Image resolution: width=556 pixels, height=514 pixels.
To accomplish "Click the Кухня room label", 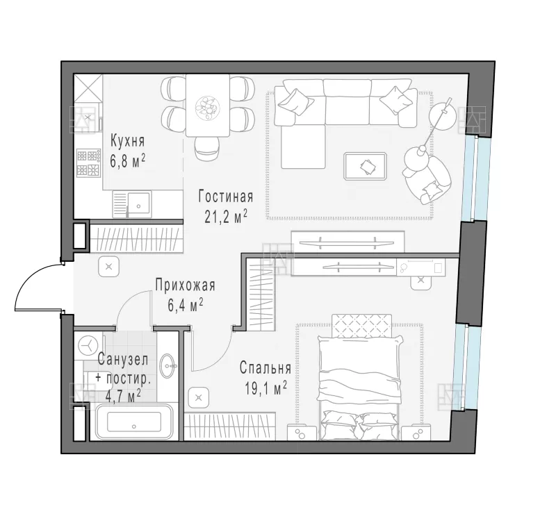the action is pyautogui.click(x=128, y=141).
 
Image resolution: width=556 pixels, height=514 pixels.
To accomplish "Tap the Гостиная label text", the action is pyautogui.click(x=226, y=197).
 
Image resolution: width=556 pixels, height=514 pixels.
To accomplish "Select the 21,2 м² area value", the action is pyautogui.click(x=225, y=217).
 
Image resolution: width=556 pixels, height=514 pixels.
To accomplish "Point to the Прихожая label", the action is pyautogui.click(x=185, y=285).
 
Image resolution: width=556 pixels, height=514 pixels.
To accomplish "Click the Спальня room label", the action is pyautogui.click(x=265, y=368).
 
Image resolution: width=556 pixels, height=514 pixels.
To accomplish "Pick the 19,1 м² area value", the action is pyautogui.click(x=265, y=388).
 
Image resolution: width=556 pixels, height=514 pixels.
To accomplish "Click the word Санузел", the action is pyautogui.click(x=123, y=360).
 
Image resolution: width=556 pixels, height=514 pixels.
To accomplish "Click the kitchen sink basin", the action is pyautogui.click(x=138, y=204).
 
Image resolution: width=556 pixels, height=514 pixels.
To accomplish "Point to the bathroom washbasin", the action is pyautogui.click(x=168, y=365).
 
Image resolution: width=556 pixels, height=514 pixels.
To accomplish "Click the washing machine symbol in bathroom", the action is pyautogui.click(x=88, y=345).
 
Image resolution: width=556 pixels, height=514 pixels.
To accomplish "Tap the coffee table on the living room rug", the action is pyautogui.click(x=366, y=166).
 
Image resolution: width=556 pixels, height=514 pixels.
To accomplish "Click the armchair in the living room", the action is pyautogui.click(x=427, y=176).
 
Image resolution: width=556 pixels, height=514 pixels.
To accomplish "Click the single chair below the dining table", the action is pyautogui.click(x=207, y=149).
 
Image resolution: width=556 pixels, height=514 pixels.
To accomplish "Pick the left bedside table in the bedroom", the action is pyautogui.click(x=302, y=432).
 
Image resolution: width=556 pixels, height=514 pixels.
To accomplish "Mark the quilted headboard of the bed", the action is pyautogui.click(x=361, y=325).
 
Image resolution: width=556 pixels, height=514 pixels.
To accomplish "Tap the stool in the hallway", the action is pyautogui.click(x=109, y=266).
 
